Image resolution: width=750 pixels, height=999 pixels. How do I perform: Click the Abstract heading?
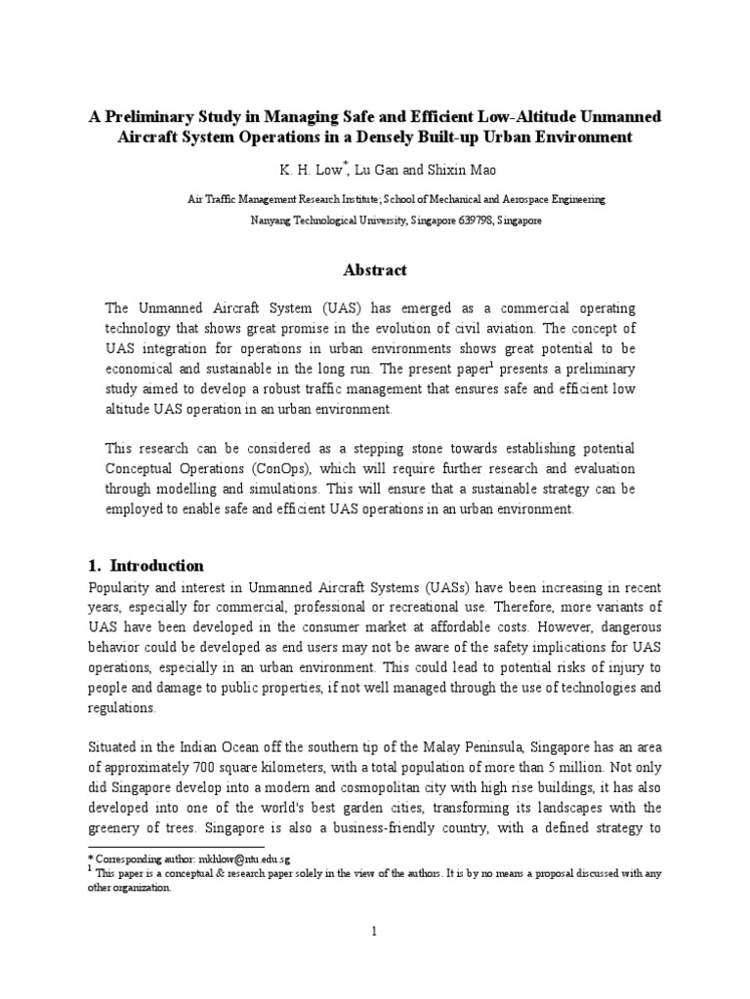pos(374,270)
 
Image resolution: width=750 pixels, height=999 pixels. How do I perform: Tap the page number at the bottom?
pos(374,932)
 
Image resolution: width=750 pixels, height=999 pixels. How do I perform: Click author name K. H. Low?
pos(308,169)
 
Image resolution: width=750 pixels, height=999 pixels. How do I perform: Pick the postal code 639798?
pos(469,220)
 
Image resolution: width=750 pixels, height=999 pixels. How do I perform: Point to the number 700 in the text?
pos(220,739)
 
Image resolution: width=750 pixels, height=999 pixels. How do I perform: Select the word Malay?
pos(492,719)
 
